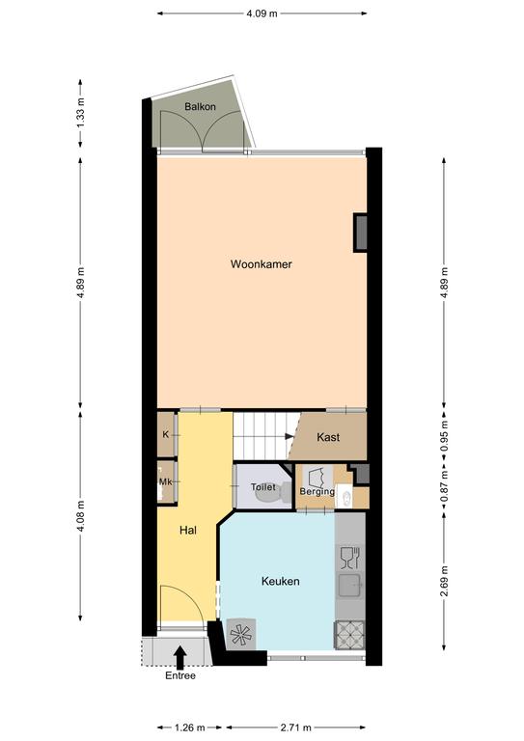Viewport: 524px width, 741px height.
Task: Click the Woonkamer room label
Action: click(x=261, y=264)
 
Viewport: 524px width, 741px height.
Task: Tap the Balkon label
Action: click(x=200, y=107)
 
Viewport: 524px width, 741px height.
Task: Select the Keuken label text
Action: click(x=280, y=581)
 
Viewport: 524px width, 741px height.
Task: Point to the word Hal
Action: click(x=188, y=531)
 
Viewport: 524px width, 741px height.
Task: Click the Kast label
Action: click(x=328, y=437)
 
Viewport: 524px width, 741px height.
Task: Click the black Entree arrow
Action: click(x=180, y=657)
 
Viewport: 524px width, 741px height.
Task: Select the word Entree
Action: click(x=180, y=675)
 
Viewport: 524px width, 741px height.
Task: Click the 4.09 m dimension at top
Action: click(x=262, y=14)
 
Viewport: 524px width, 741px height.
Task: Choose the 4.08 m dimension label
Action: click(x=80, y=516)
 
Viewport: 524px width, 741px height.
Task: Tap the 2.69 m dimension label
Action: click(x=444, y=581)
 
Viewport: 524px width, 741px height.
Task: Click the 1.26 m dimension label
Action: click(x=189, y=727)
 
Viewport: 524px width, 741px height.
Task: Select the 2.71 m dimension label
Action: click(x=296, y=727)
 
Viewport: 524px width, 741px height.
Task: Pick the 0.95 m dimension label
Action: click(x=444, y=436)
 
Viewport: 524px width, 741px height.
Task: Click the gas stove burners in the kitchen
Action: click(x=349, y=635)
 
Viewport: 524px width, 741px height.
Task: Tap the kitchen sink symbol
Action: click(x=350, y=586)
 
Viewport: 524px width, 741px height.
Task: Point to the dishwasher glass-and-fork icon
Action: click(x=350, y=558)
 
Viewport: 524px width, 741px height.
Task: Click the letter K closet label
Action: click(x=165, y=434)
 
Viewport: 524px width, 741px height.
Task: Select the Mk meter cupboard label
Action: click(x=165, y=482)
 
